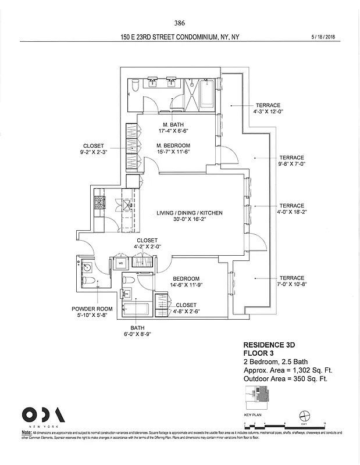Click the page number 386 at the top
[179, 23]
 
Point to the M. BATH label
[173, 124]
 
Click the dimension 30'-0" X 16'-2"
[190, 221]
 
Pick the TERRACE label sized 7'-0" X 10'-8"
[291, 278]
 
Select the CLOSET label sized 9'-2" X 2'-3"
[93, 146]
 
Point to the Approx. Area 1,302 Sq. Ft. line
[285, 370]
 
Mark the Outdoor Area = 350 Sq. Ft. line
[285, 379]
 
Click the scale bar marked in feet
[284, 423]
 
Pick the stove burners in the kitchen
[98, 203]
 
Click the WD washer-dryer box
[121, 263]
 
